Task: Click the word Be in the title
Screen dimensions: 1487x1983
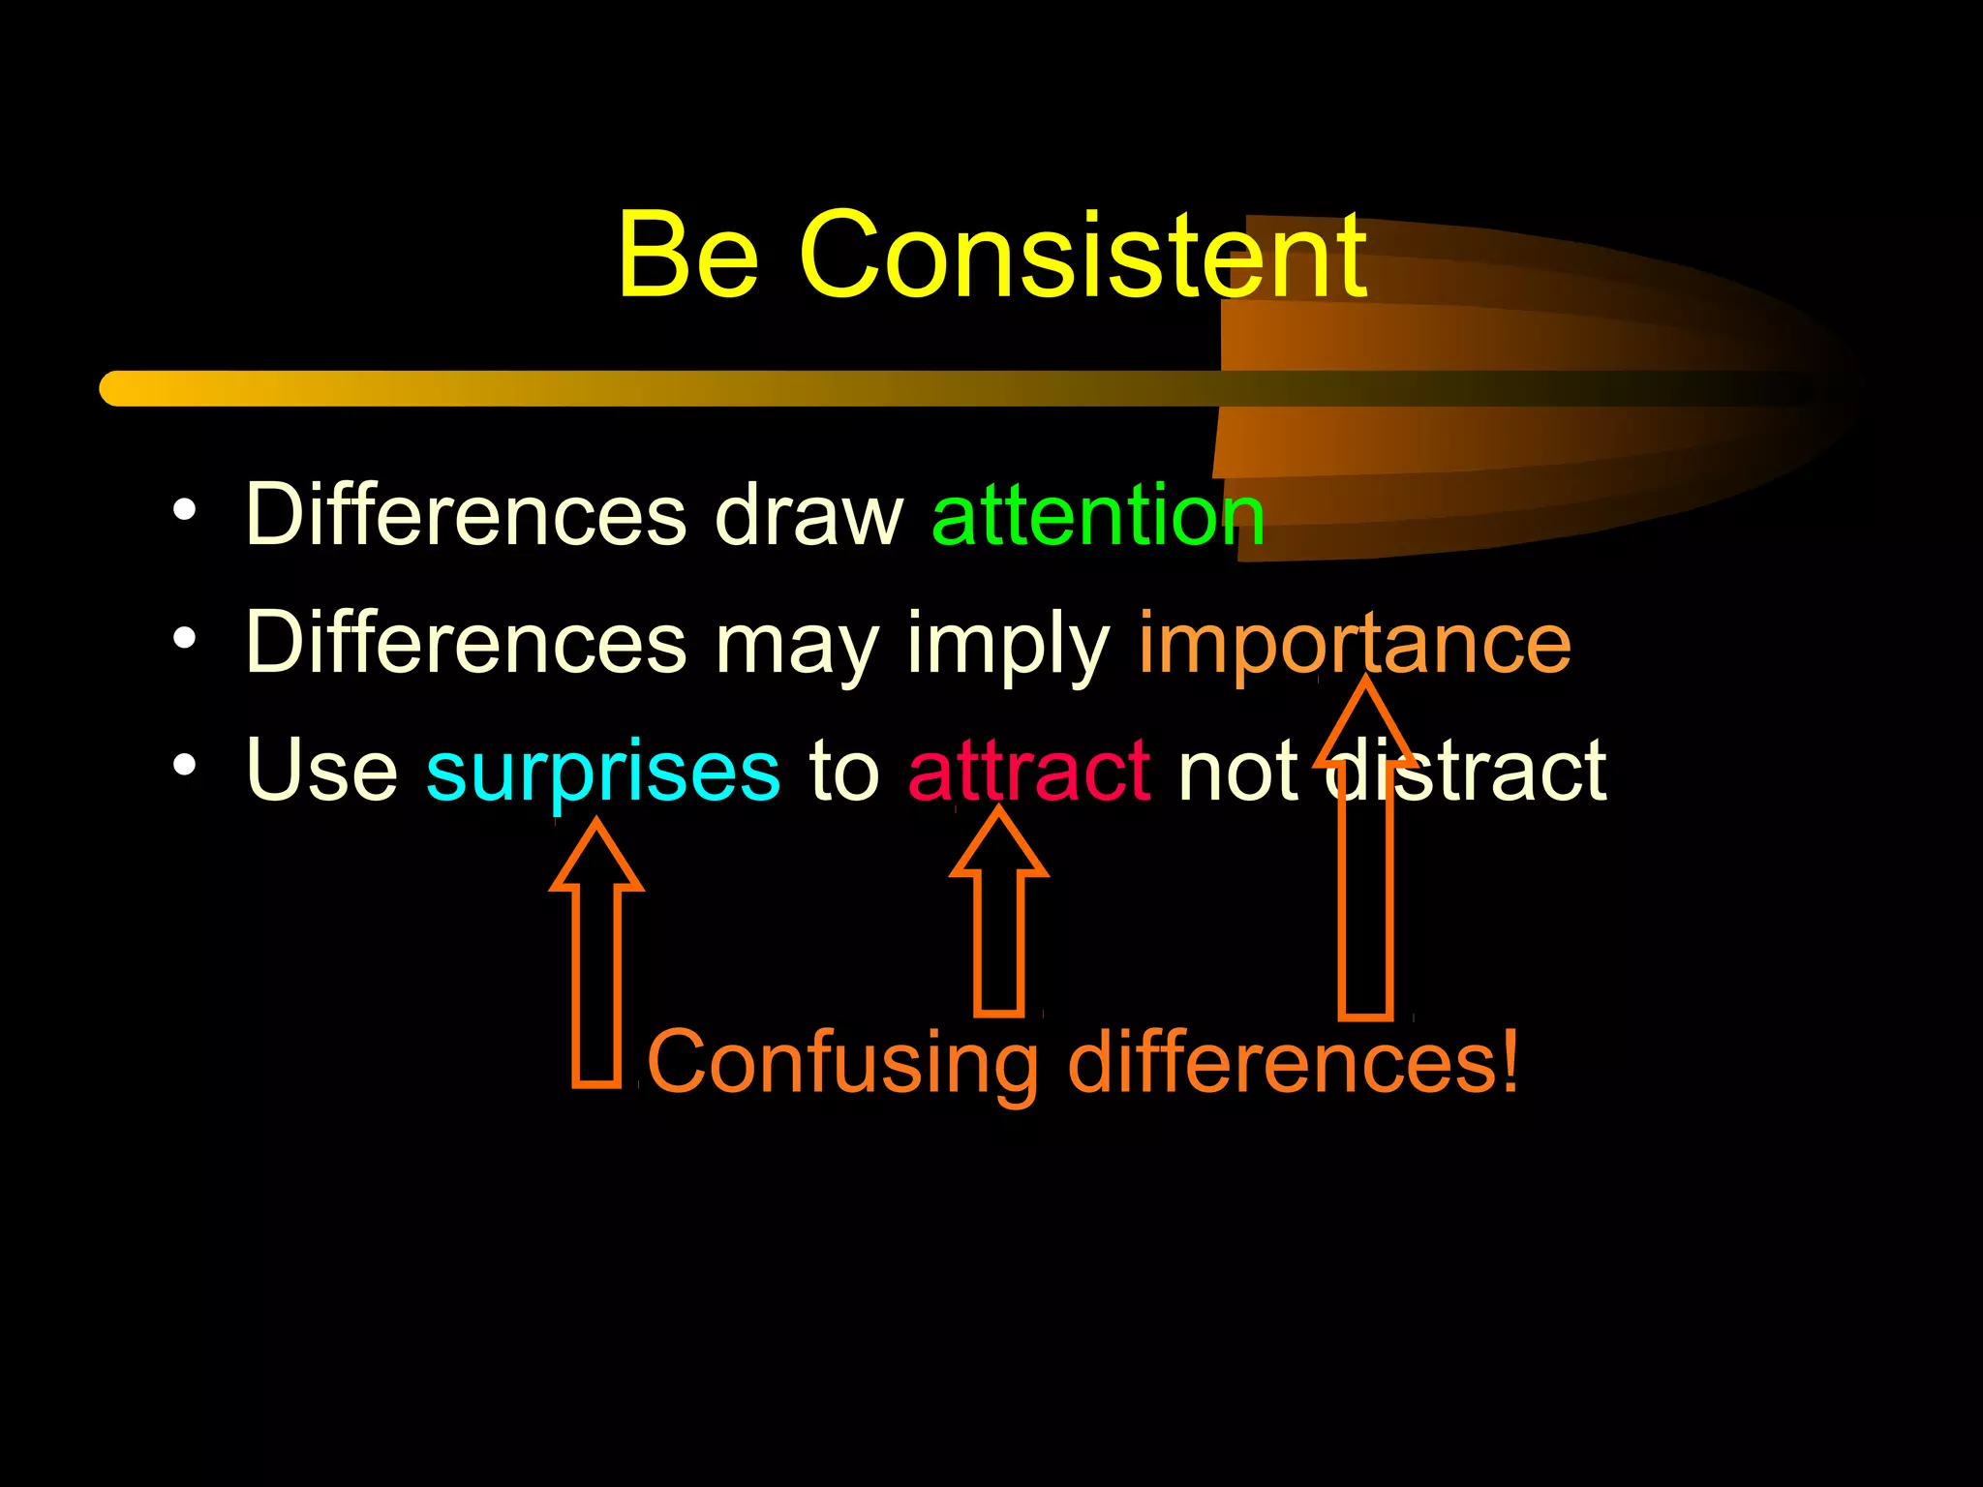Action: tap(687, 255)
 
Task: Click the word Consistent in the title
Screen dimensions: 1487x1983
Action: tap(1083, 255)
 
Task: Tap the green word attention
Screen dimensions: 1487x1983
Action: tap(1097, 515)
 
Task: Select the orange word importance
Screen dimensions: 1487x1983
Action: tap(1354, 643)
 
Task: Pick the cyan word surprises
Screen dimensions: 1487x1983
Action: tap(602, 772)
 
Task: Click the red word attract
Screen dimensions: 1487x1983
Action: tap(1028, 772)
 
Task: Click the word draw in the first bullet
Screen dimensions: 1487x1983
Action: tap(808, 515)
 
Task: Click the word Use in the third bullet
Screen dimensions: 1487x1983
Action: tap(321, 772)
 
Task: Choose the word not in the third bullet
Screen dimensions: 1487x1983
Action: tap(1236, 772)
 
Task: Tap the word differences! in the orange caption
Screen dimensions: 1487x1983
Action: tap(1292, 1062)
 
